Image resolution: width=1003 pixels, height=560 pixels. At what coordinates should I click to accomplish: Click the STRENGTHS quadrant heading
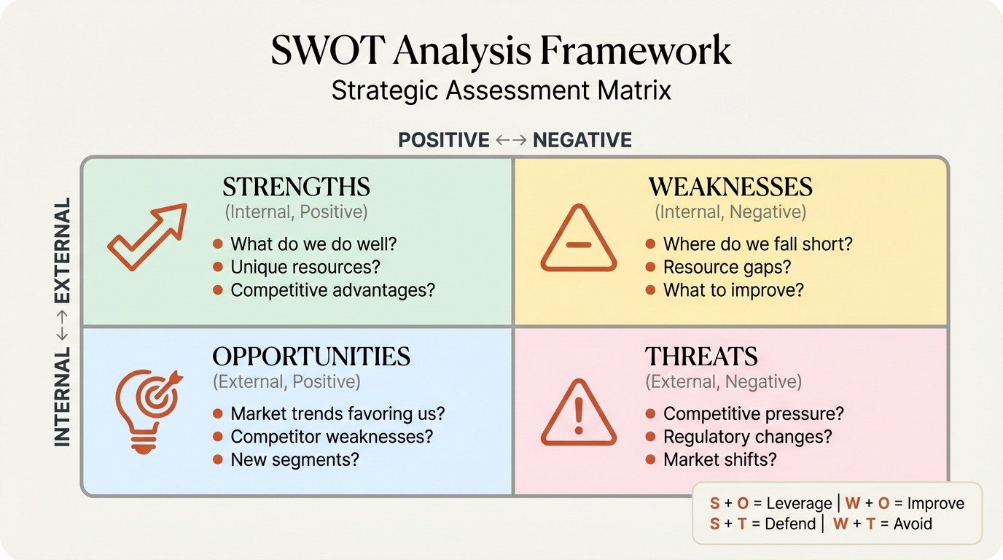pyautogui.click(x=297, y=187)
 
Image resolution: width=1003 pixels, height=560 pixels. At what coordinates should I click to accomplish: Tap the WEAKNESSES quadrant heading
pyautogui.click(x=730, y=187)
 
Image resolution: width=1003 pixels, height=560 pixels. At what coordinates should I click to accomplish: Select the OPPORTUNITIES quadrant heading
pyautogui.click(x=311, y=357)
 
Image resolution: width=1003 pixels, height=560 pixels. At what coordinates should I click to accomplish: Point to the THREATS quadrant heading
pyautogui.click(x=701, y=357)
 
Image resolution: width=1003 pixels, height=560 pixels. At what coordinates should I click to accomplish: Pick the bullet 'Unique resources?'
pyautogui.click(x=305, y=267)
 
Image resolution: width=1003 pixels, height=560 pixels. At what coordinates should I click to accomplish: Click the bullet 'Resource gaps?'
pyautogui.click(x=727, y=267)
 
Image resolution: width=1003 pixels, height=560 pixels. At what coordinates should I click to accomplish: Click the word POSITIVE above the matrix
pyautogui.click(x=444, y=140)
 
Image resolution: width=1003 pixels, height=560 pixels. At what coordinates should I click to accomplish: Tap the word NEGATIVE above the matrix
pyautogui.click(x=582, y=140)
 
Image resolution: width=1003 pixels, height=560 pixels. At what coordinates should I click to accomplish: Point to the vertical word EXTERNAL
pyautogui.click(x=62, y=250)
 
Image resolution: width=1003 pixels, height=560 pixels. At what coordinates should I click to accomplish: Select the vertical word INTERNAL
pyautogui.click(x=62, y=397)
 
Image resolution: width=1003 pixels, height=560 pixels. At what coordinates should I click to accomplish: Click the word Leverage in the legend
pyautogui.click(x=799, y=504)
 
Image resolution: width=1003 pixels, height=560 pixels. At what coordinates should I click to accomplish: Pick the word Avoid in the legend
pyautogui.click(x=913, y=524)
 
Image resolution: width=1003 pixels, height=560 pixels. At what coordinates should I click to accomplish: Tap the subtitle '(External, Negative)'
pyautogui.click(x=724, y=381)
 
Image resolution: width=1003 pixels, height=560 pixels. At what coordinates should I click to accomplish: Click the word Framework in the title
pyautogui.click(x=636, y=50)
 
